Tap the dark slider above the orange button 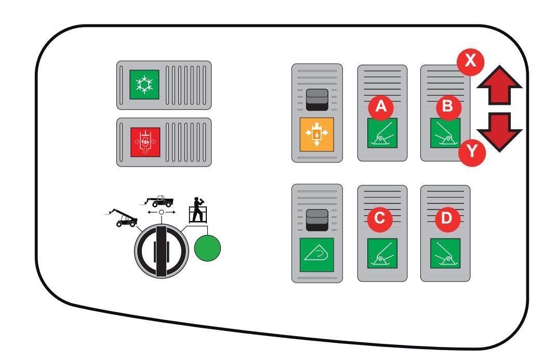click(316, 100)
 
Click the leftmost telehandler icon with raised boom click(122, 215)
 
